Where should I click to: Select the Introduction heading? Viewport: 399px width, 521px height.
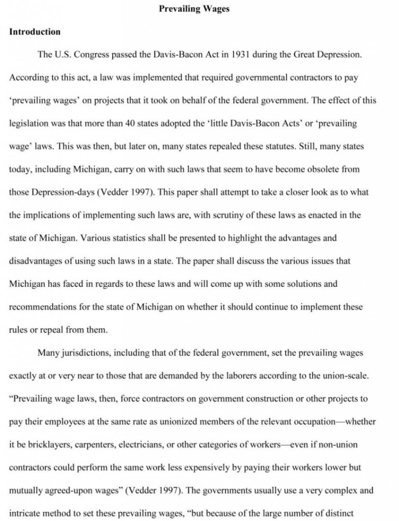[x=35, y=32]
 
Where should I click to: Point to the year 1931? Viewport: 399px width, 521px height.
[x=236, y=54]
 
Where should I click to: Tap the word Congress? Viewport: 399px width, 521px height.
[x=93, y=54]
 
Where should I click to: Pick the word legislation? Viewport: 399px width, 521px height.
[x=30, y=124]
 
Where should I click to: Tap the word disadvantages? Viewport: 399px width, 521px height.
[x=38, y=260]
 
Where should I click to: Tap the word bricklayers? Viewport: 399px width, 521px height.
[x=47, y=445]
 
